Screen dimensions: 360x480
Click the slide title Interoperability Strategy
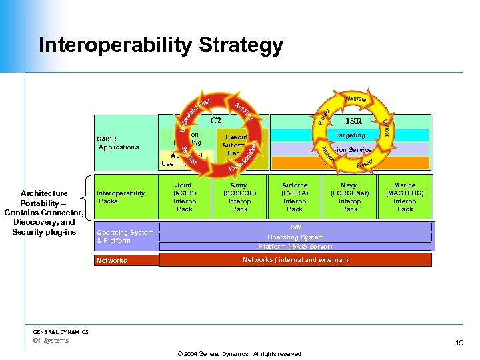point(161,45)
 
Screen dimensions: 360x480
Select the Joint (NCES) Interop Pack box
point(184,197)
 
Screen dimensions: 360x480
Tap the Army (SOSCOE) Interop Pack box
point(239,197)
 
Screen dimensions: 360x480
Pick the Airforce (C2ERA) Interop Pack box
point(295,197)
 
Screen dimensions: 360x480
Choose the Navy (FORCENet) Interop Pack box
point(349,197)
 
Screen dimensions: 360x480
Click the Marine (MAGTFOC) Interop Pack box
point(405,197)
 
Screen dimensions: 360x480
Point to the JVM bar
point(295,227)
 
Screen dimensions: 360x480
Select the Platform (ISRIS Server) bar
point(295,246)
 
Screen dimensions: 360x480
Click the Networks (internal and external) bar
point(295,260)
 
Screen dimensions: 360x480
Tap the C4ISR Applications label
point(119,143)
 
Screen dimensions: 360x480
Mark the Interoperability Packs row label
point(121,197)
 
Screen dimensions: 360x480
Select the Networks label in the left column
point(111,261)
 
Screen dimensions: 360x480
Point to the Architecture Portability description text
point(43,213)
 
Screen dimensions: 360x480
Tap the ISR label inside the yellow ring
point(354,121)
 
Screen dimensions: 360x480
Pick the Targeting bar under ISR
point(349,135)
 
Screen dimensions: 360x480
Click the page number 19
point(459,343)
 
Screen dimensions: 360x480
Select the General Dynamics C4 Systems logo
point(61,336)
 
